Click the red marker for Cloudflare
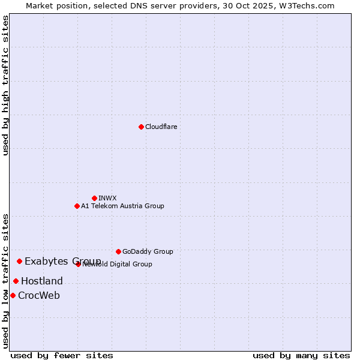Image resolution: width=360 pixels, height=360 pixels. coord(141,127)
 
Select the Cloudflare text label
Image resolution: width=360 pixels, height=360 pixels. coord(161,127)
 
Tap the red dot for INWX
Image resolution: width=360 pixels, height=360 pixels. coord(94,198)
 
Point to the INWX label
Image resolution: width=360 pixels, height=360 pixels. coord(107,198)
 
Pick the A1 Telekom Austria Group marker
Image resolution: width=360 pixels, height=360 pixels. coord(77,206)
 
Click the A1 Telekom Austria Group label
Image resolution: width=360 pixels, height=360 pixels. coord(122,206)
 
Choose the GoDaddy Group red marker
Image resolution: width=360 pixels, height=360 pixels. coord(118,251)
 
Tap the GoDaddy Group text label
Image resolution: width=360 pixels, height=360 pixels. coord(148,251)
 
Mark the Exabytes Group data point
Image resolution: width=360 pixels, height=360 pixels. coord(19,261)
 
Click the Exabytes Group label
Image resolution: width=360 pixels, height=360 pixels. coord(62,261)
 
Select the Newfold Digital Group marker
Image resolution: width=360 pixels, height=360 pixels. coord(78,264)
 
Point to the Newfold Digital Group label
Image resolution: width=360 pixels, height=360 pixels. coord(118,264)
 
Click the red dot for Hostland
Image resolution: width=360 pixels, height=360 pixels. coord(16,281)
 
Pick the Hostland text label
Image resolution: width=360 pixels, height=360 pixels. coord(42,281)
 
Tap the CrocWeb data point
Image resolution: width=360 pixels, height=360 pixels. coord(13,295)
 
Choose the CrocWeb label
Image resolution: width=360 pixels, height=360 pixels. coord(39,295)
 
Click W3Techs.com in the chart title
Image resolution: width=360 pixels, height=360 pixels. coord(311,5)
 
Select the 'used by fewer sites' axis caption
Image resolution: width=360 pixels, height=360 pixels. coord(62,355)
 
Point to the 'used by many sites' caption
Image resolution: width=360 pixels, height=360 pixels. coord(301,355)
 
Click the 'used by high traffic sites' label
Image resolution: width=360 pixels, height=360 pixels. coord(5,85)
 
